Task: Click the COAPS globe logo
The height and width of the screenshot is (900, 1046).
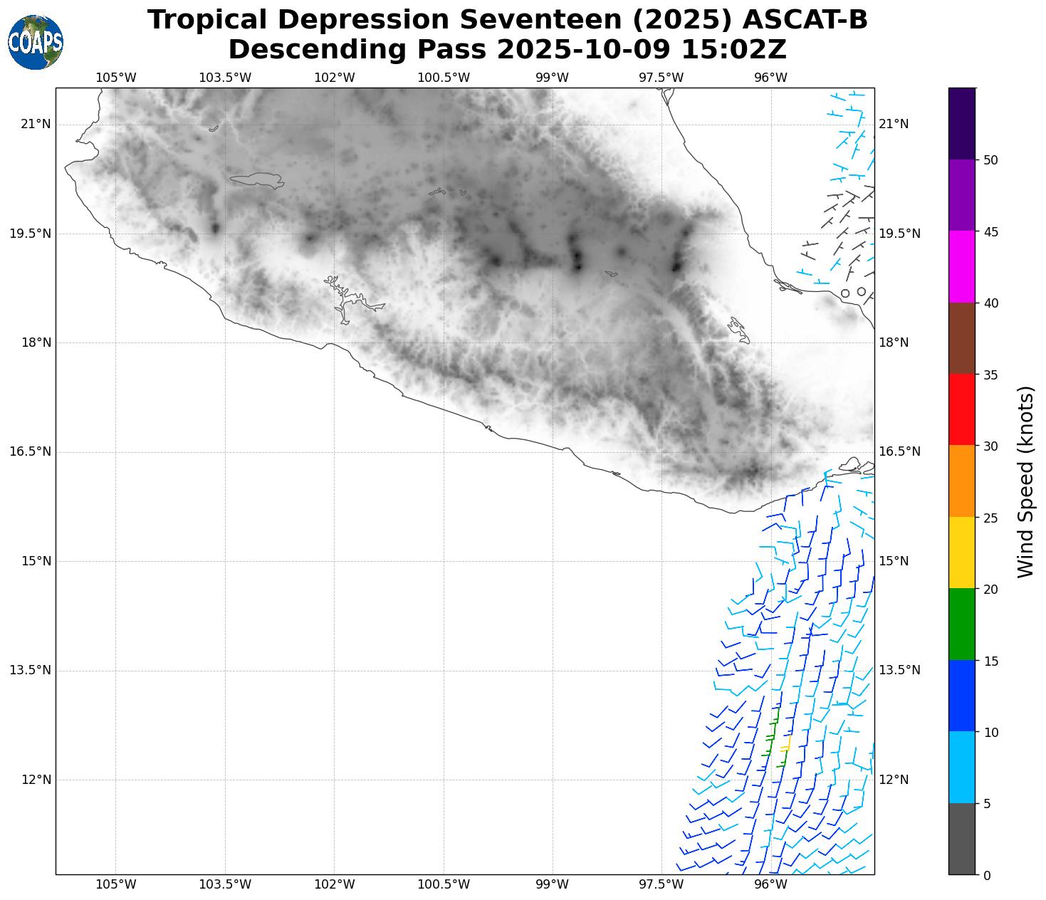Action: point(36,42)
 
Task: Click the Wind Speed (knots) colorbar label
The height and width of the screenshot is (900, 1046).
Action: point(1025,481)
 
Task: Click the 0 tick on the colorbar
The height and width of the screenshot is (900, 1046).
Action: point(986,875)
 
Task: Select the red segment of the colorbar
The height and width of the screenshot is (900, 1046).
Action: point(962,409)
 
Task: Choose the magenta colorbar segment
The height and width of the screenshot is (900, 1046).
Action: point(962,266)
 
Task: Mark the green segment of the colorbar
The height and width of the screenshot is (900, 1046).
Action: point(962,624)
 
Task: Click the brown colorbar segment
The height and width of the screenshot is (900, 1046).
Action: point(962,338)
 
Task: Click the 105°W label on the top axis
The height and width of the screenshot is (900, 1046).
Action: point(116,78)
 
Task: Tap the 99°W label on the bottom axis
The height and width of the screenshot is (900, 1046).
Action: point(553,885)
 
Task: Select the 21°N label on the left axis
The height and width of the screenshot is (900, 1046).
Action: point(36,125)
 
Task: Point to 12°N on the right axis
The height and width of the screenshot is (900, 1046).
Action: point(894,780)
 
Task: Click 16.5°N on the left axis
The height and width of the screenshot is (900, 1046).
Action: point(31,451)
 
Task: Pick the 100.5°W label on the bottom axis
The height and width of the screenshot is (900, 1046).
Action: point(444,885)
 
